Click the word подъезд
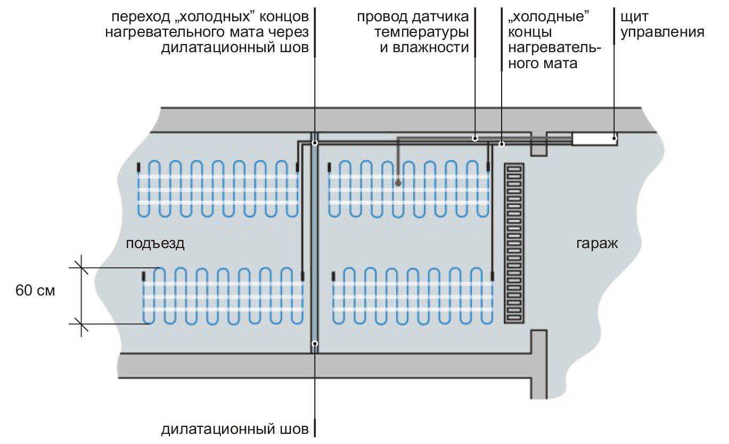[x=155, y=244]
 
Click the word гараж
[x=597, y=244]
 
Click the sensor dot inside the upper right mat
[x=398, y=184]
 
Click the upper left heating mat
[x=218, y=189]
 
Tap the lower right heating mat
[x=413, y=296]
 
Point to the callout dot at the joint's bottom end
[x=315, y=343]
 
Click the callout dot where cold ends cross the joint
[x=315, y=143]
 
